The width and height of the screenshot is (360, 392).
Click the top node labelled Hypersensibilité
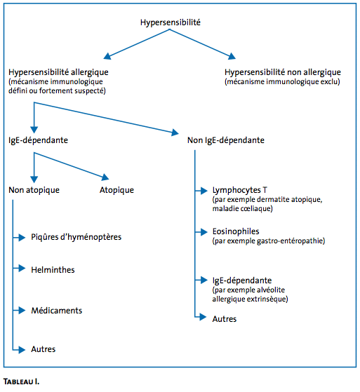(x=170, y=22)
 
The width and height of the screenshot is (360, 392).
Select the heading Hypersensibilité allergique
(x=58, y=72)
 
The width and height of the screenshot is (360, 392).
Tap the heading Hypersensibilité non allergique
(x=283, y=72)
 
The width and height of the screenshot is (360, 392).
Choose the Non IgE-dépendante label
(x=226, y=140)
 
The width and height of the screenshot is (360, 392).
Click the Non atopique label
(x=34, y=190)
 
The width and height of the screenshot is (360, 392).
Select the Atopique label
(x=116, y=190)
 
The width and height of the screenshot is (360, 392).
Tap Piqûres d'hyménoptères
(x=76, y=237)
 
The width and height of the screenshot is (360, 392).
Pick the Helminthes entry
(x=53, y=270)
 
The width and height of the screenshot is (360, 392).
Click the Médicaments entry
(x=57, y=311)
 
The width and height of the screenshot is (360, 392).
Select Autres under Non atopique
(x=44, y=349)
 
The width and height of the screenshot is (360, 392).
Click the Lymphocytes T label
(x=240, y=190)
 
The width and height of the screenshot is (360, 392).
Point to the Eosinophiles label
(x=236, y=231)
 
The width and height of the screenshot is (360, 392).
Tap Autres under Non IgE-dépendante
(x=225, y=319)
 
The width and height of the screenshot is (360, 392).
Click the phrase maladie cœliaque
(x=241, y=209)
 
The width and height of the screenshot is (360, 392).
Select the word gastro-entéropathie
(x=290, y=241)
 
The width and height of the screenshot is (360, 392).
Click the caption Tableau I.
(x=21, y=381)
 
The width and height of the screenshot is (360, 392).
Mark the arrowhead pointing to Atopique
(x=105, y=177)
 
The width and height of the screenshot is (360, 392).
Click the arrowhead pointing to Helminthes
(x=22, y=269)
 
